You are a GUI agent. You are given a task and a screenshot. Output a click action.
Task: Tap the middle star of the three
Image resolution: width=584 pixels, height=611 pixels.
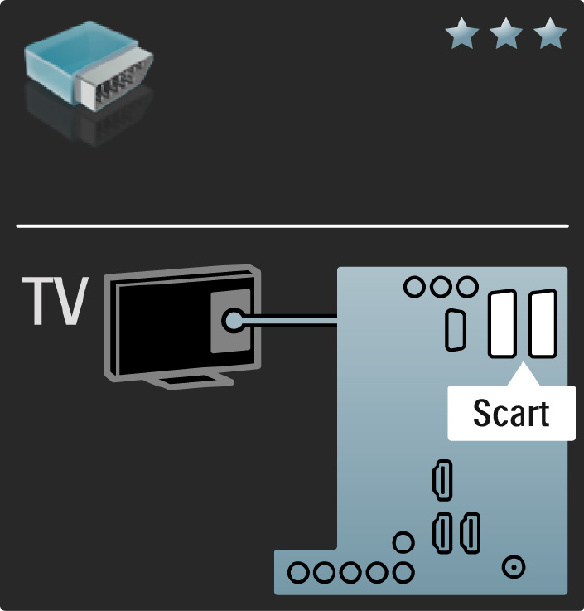click(x=504, y=36)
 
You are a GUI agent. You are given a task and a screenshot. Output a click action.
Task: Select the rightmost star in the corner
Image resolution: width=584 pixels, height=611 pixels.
click(x=549, y=36)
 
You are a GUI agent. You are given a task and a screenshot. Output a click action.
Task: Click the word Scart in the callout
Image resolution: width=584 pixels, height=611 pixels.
click(x=511, y=413)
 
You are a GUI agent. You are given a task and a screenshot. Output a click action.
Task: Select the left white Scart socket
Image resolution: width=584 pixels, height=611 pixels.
click(x=502, y=324)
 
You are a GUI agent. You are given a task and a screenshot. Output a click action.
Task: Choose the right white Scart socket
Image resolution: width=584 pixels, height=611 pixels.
click(x=543, y=324)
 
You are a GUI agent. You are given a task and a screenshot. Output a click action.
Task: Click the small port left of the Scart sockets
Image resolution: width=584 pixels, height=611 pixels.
click(x=455, y=329)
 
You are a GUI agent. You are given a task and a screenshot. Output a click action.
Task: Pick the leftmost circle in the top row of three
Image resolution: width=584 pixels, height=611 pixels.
click(x=413, y=287)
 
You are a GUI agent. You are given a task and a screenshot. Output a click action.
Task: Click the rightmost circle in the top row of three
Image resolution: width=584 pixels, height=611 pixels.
click(x=468, y=287)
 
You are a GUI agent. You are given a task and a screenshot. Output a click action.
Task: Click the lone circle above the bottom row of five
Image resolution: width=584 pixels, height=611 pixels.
click(x=403, y=543)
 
